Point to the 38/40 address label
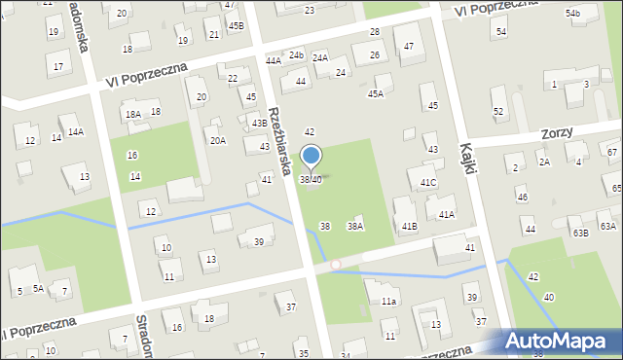(x=311, y=180)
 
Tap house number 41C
(x=428, y=183)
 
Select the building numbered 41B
(x=410, y=227)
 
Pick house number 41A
(x=446, y=214)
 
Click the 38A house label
(x=355, y=227)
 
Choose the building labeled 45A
(x=375, y=94)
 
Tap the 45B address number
(x=237, y=25)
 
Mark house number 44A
(x=274, y=60)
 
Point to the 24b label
(x=296, y=54)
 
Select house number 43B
(x=259, y=124)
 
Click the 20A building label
(x=218, y=140)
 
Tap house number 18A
(x=132, y=115)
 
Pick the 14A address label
(x=75, y=131)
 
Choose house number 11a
(x=388, y=302)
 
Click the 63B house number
(x=580, y=234)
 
